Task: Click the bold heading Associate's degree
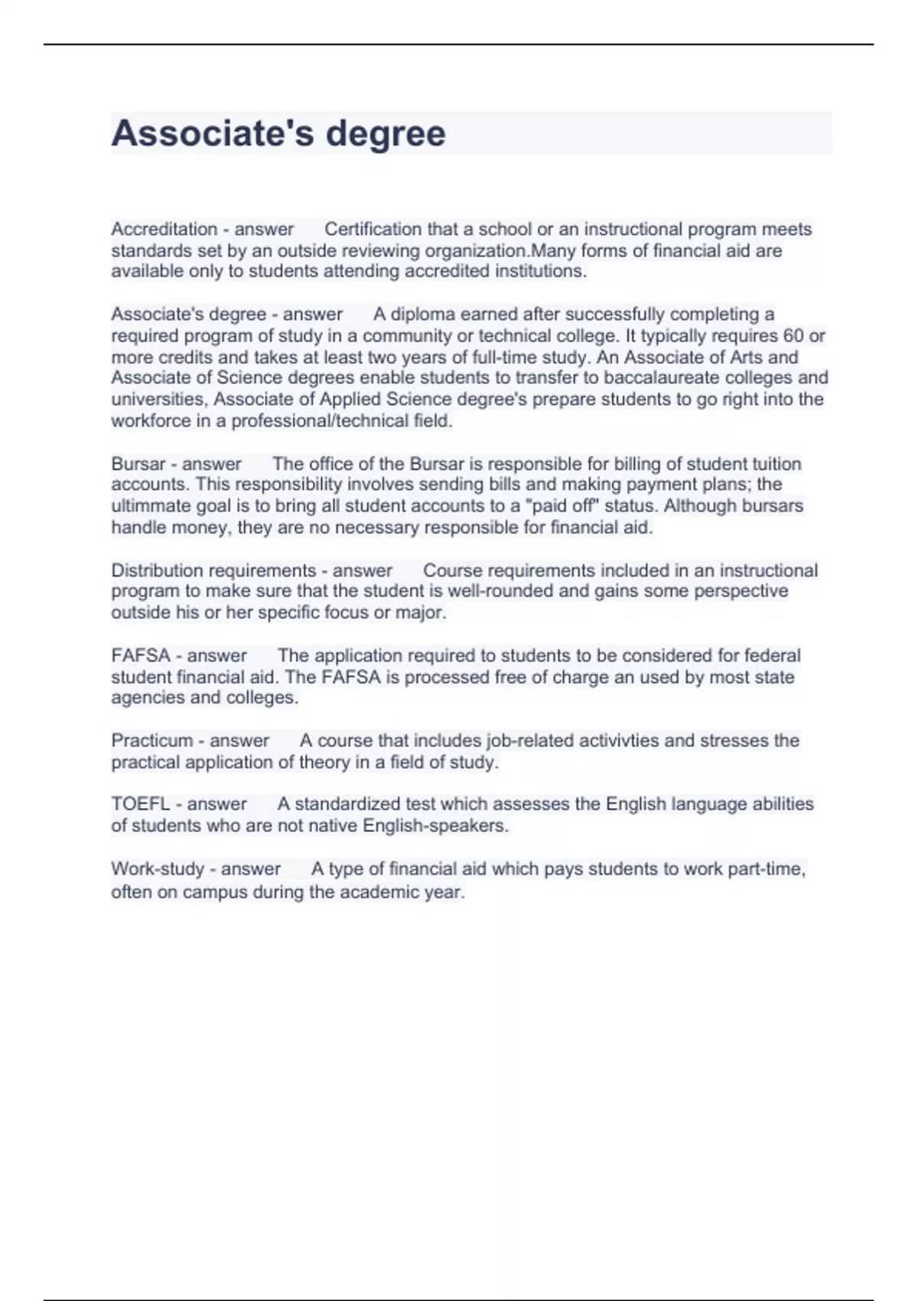click(x=278, y=133)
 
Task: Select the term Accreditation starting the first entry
click(x=164, y=229)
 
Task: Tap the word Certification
click(x=373, y=229)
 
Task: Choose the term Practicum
click(x=152, y=740)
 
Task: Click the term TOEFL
click(x=141, y=804)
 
